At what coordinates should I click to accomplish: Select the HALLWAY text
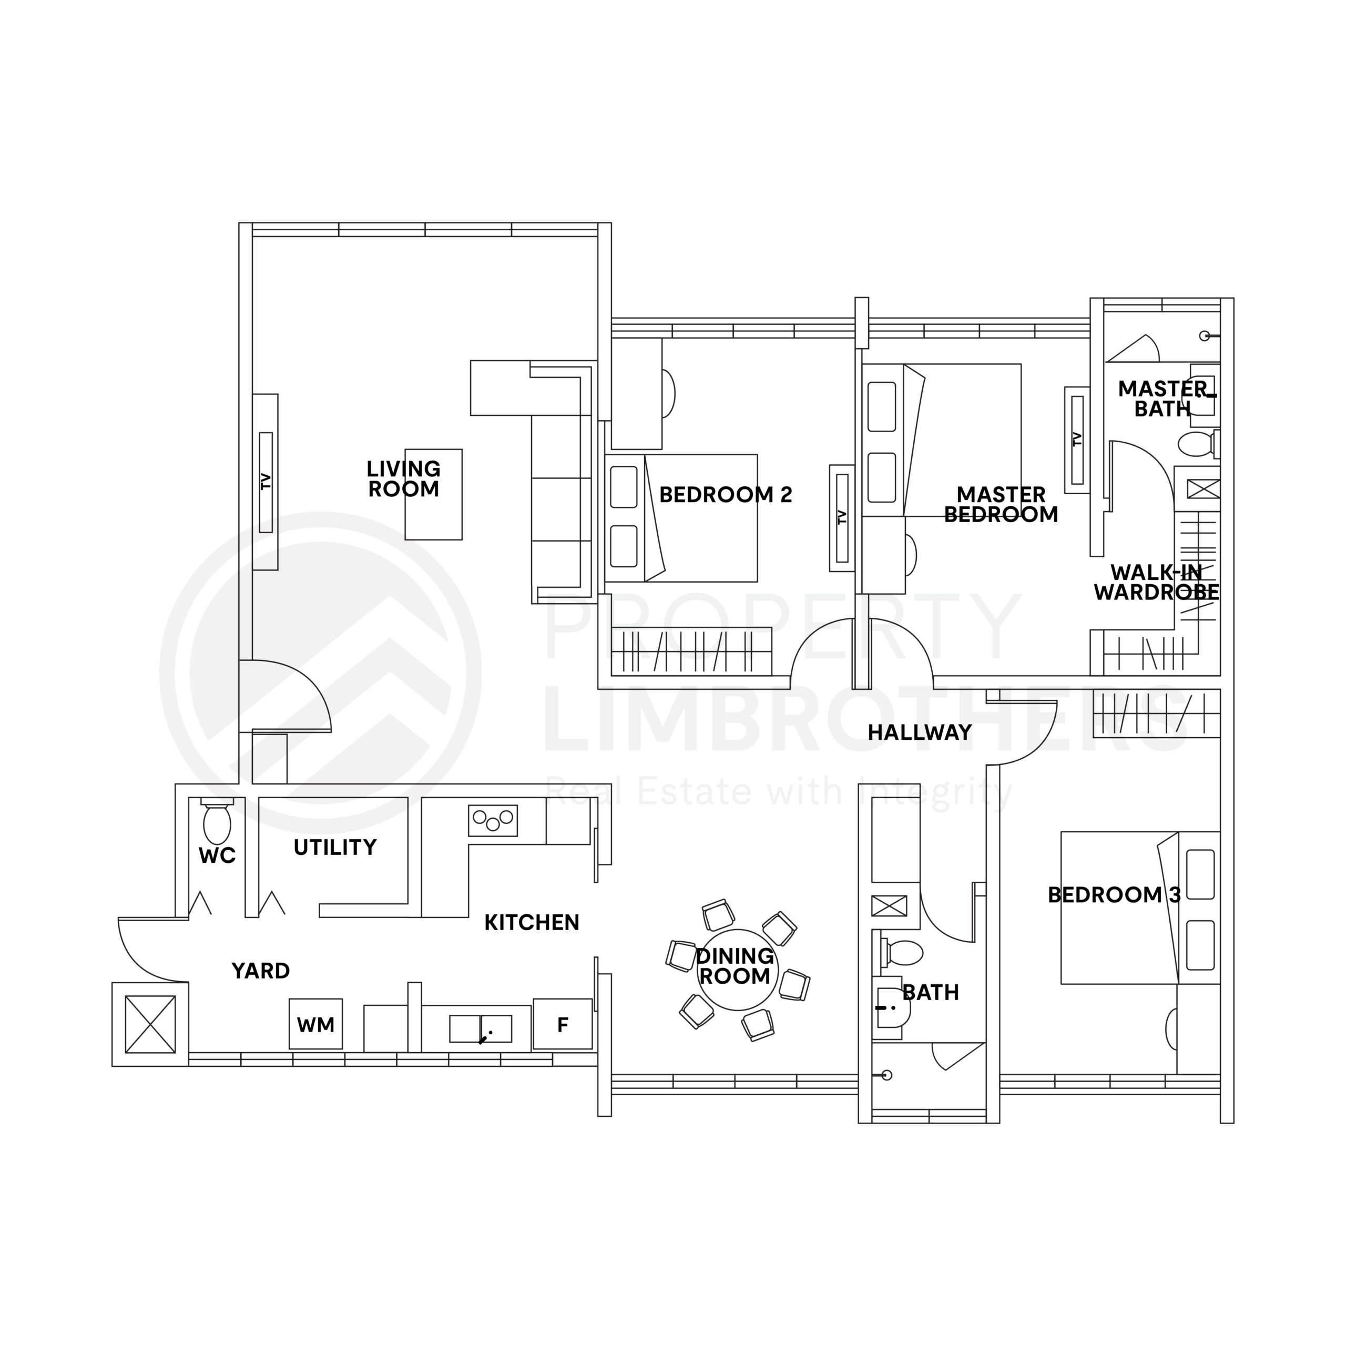920,733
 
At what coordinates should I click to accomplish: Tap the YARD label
261,971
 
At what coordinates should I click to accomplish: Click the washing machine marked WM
315,1024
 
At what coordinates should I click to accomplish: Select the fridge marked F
563,1024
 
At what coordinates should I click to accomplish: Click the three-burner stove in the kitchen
493,821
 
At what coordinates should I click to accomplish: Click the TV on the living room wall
266,482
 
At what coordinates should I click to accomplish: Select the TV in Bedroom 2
842,518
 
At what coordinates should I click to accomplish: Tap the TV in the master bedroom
1078,440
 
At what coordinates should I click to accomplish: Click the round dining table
735,970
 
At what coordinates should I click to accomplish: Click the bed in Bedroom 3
1140,908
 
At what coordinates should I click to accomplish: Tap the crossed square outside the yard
150,1024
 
